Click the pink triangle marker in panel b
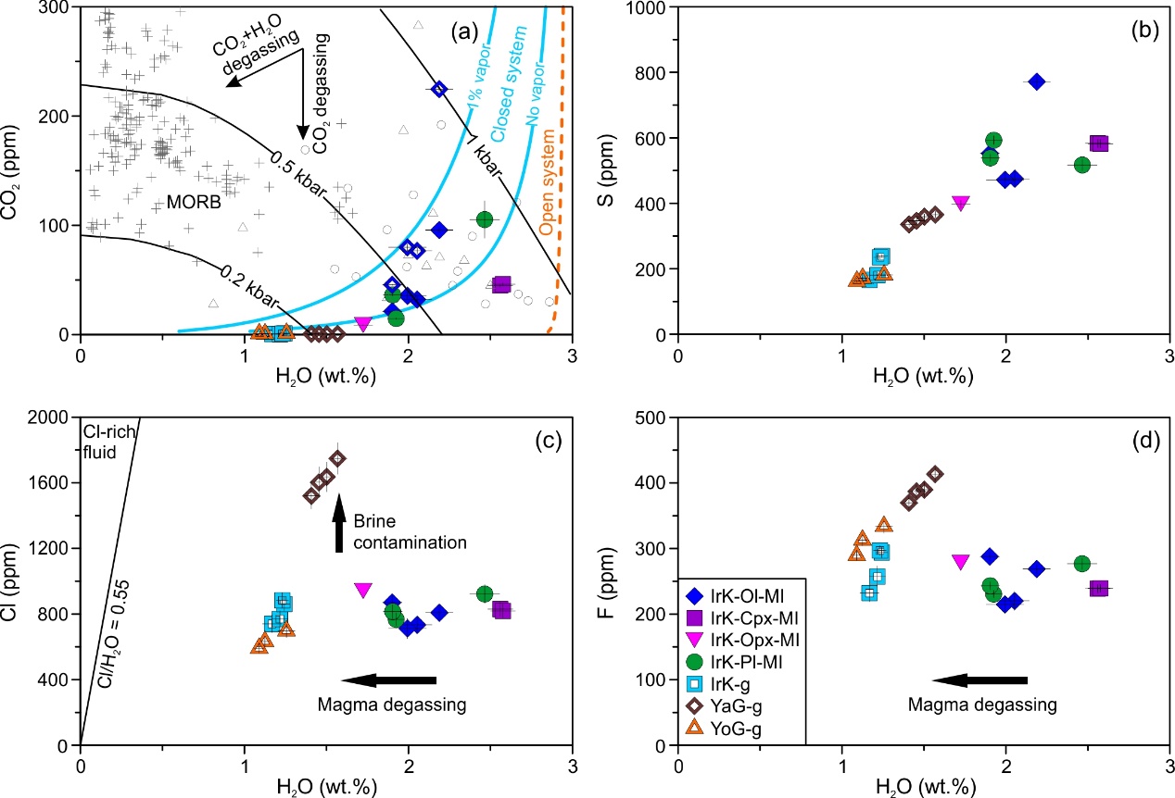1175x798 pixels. coord(961,203)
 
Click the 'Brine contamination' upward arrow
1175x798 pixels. coord(339,524)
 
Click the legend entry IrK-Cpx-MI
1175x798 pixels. coord(745,616)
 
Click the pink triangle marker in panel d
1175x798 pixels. coord(961,561)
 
